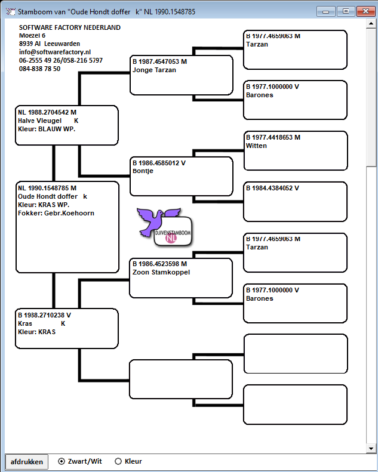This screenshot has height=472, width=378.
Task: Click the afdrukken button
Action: (x=26, y=461)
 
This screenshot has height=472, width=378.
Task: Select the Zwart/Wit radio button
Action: (x=62, y=461)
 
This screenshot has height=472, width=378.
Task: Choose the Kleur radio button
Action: (x=118, y=461)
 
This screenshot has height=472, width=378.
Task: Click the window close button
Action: (x=365, y=11)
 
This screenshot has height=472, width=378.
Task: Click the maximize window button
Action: (x=346, y=11)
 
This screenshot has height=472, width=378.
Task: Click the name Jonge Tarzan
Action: (x=154, y=70)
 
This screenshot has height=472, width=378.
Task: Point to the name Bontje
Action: (x=143, y=171)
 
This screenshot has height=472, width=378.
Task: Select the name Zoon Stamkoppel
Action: (x=161, y=272)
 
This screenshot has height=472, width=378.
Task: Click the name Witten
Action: (x=256, y=146)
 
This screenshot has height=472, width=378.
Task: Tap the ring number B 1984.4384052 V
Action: (x=272, y=188)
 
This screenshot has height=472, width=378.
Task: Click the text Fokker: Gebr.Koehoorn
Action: (x=56, y=213)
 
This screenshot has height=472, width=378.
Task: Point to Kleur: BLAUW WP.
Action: (x=47, y=129)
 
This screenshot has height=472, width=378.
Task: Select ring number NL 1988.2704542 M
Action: (x=47, y=112)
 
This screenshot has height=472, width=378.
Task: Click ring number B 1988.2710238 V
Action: (x=44, y=315)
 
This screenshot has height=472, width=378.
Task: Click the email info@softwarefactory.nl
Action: (x=55, y=52)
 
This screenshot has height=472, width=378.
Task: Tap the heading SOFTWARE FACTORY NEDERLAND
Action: (x=70, y=27)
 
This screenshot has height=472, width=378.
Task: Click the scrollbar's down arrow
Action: (x=371, y=449)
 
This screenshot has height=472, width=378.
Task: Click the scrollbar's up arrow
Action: (x=371, y=23)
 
